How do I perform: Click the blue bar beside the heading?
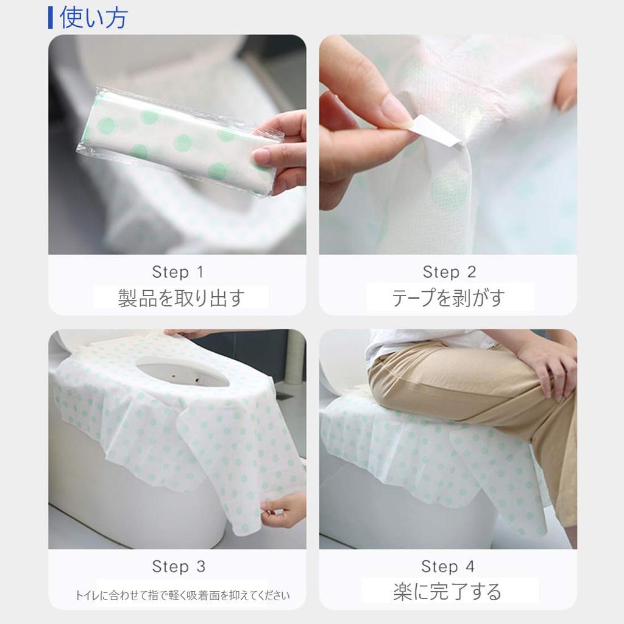(51, 17)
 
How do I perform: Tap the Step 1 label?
(178, 272)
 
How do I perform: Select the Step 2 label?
(449, 272)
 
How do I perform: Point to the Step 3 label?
(179, 567)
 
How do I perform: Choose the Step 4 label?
(448, 567)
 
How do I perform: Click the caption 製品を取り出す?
(181, 298)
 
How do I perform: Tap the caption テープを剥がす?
(448, 298)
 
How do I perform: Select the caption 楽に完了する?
(447, 592)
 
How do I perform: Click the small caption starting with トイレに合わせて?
(182, 595)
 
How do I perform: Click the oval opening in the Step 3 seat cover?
(183, 372)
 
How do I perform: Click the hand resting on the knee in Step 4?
(548, 366)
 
